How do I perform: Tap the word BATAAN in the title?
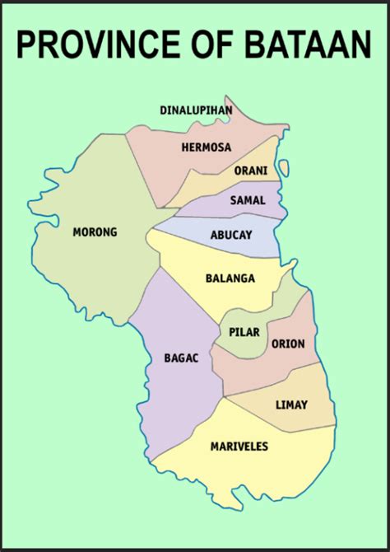[313, 44]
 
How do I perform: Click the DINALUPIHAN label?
[196, 110]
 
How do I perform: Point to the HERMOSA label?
[206, 147]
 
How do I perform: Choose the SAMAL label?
[247, 200]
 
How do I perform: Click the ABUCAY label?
[232, 234]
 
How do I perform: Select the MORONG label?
[95, 232]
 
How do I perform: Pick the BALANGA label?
[230, 278]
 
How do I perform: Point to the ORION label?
[288, 344]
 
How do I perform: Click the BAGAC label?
[182, 359]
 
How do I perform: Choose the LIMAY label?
[291, 405]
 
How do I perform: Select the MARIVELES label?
[239, 446]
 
